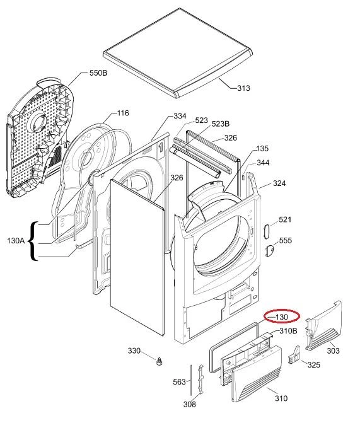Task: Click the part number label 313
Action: tap(243, 88)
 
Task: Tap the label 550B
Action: tap(98, 73)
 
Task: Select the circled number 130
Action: tap(282, 317)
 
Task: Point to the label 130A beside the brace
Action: tap(16, 240)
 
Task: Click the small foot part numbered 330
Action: tap(160, 361)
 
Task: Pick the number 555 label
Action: tap(285, 240)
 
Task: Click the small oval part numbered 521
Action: tap(267, 231)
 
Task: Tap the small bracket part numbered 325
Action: tap(294, 355)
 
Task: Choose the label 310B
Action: tap(288, 331)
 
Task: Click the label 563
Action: tap(179, 382)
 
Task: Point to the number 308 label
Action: tap(189, 404)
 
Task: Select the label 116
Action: tap(123, 113)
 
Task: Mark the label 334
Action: tap(180, 116)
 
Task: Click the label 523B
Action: tap(221, 124)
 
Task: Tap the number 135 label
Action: tap(262, 148)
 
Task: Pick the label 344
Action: tap(262, 163)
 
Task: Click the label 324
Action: tap(279, 183)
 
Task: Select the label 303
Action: tap(333, 351)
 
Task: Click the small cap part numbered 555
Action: tap(270, 251)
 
